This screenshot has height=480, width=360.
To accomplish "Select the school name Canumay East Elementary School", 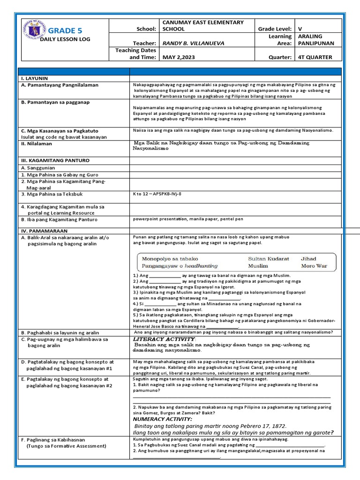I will (x=202, y=25).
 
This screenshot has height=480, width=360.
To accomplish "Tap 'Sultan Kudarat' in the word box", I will (x=269, y=258).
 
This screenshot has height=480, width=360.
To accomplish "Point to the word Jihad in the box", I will (x=308, y=258).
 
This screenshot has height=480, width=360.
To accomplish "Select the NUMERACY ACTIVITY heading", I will (x=163, y=419).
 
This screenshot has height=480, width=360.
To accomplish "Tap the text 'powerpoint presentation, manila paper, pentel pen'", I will (x=187, y=219).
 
